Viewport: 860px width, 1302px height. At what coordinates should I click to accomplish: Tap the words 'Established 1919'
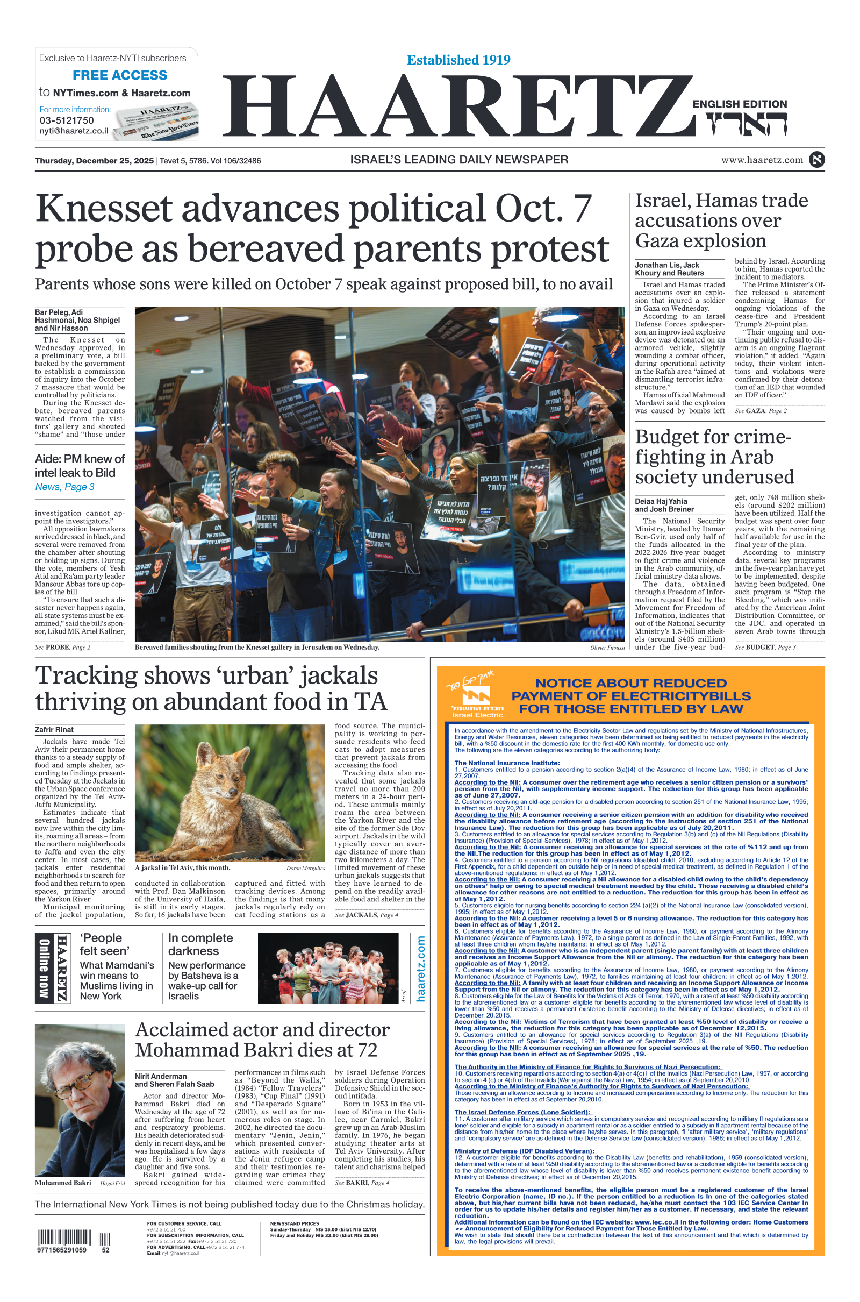(458, 60)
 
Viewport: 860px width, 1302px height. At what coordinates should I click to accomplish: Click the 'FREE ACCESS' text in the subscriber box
(119, 75)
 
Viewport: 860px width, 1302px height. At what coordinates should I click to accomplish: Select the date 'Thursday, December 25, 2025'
(95, 161)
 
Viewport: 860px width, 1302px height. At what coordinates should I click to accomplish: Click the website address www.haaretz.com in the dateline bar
(762, 160)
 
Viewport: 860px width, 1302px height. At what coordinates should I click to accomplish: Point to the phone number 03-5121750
(66, 120)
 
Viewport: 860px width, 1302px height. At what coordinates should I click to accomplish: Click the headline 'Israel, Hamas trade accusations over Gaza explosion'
(721, 220)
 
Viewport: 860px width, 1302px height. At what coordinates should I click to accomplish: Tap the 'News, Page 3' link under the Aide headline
(64, 487)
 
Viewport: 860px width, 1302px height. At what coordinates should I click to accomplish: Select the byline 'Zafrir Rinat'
(54, 730)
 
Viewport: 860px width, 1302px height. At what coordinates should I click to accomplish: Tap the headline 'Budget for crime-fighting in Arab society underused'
(714, 457)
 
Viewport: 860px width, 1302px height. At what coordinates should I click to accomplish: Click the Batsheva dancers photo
(327, 969)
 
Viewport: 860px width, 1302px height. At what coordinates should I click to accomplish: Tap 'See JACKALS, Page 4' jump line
(367, 915)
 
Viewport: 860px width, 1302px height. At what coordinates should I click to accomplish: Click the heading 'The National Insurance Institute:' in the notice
(507, 763)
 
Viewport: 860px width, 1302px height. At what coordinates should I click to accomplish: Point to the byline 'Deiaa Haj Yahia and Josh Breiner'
(664, 505)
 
